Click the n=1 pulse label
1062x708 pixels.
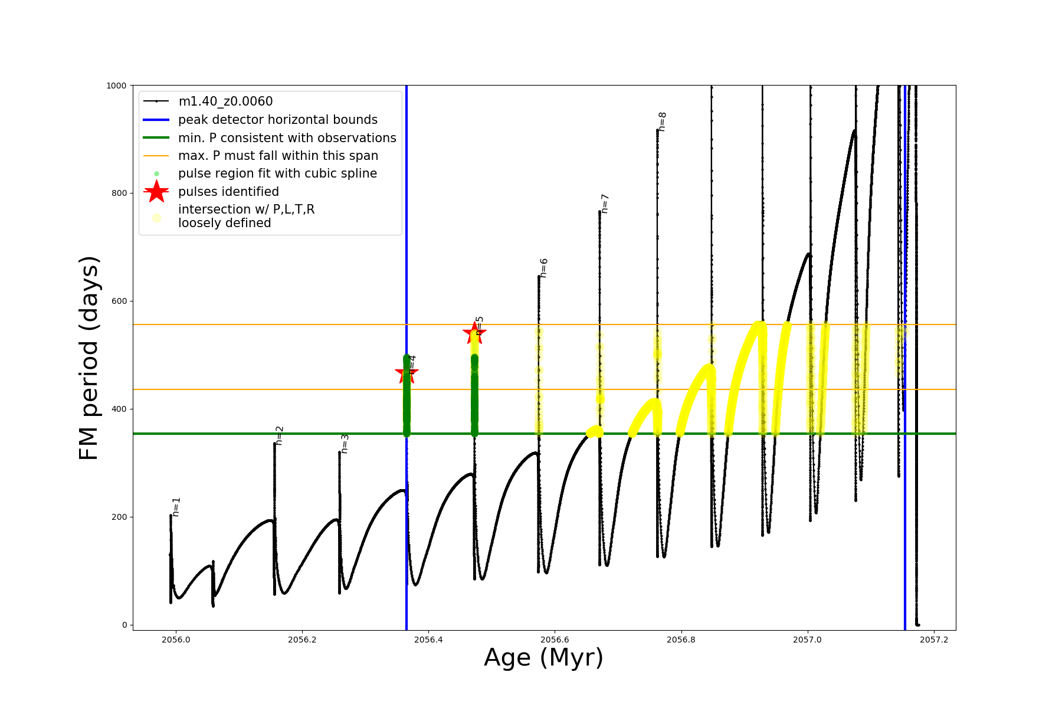(x=176, y=507)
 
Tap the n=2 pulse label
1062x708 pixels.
(x=280, y=435)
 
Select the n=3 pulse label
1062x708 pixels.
(x=345, y=444)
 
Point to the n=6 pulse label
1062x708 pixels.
(x=544, y=268)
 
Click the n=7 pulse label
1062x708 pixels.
(x=605, y=204)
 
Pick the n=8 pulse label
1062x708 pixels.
(x=663, y=122)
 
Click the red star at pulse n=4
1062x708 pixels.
(x=407, y=372)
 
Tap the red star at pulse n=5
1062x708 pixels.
(x=474, y=333)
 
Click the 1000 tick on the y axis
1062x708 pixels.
(x=116, y=86)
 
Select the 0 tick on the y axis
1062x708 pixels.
(x=124, y=625)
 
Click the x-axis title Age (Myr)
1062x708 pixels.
(x=543, y=658)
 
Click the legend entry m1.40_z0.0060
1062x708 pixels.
(x=225, y=101)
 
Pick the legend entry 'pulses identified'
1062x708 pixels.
(x=228, y=192)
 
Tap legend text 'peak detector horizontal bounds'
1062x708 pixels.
(x=277, y=120)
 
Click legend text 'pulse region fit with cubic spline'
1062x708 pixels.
(x=277, y=173)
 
